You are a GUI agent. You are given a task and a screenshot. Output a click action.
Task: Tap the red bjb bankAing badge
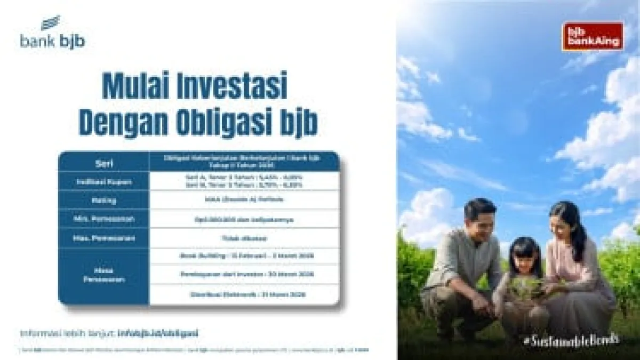click(x=593, y=36)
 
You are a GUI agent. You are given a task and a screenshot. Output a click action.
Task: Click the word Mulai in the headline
click(x=130, y=86)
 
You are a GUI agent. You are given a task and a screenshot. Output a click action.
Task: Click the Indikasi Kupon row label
click(x=104, y=181)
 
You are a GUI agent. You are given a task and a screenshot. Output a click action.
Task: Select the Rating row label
click(x=104, y=199)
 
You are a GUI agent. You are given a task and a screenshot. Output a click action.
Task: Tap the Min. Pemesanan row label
click(x=104, y=218)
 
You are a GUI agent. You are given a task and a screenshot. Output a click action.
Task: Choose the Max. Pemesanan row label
click(x=104, y=237)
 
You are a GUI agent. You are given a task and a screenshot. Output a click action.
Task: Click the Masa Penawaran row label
click(x=104, y=275)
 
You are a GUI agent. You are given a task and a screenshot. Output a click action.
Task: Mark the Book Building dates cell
click(x=244, y=255)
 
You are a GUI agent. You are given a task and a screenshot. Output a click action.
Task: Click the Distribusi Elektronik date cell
click(x=244, y=294)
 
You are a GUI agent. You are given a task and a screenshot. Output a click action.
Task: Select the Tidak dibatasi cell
click(x=244, y=237)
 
